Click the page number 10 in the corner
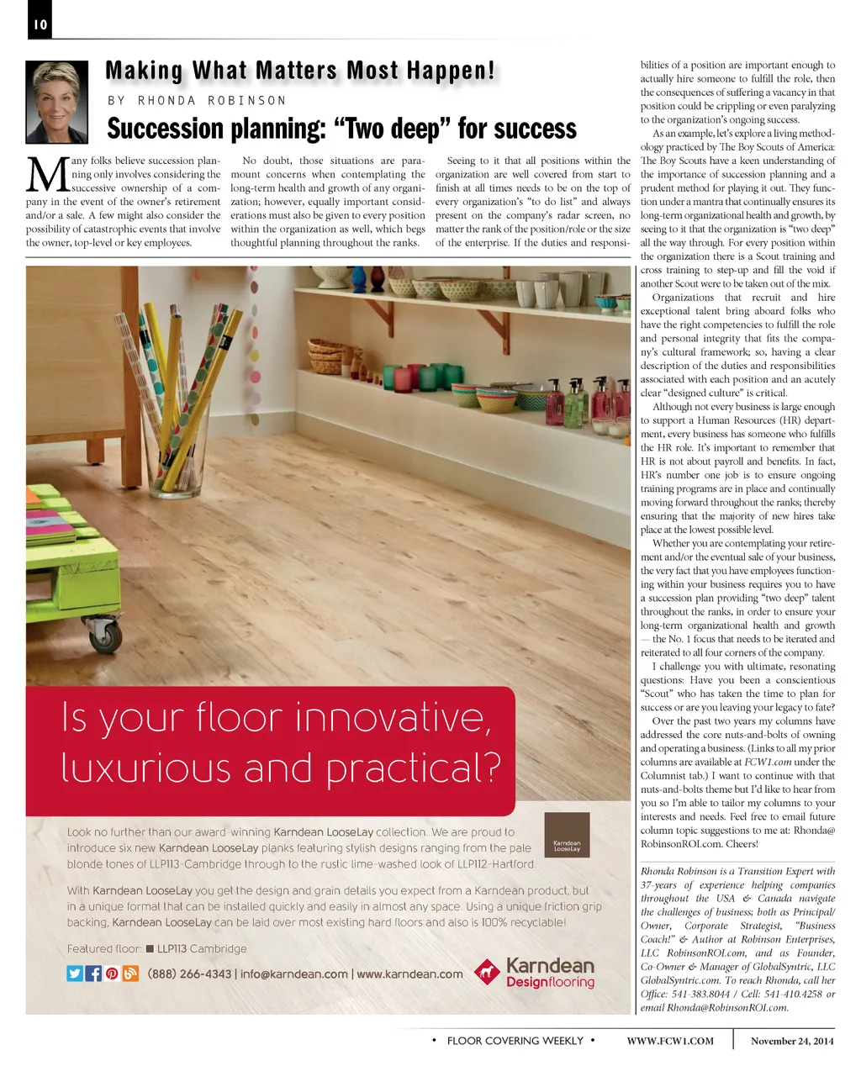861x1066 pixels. pos(40,24)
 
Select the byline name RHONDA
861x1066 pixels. pos(166,101)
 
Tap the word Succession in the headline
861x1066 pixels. pos(162,129)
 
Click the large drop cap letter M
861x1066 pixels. pos(47,176)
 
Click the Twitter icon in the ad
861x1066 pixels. pos(75,974)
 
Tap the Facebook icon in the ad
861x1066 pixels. pos(93,974)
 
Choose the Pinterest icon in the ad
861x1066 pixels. pos(112,974)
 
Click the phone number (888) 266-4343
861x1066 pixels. pos(189,974)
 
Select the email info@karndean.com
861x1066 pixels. pos(294,974)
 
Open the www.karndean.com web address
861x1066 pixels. pos(409,974)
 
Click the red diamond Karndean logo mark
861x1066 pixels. pos(486,973)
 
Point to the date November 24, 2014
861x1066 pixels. pos(792,1041)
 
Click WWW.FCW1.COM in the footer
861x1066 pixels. pos(670,1041)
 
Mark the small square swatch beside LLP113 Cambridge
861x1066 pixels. pos(150,949)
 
